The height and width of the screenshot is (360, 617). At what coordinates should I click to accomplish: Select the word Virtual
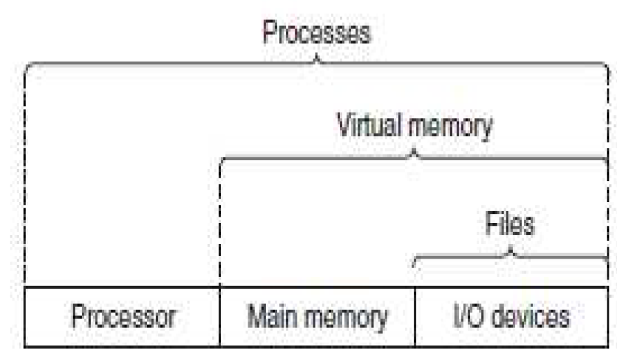point(369,127)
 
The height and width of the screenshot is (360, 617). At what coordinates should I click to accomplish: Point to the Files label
point(510,225)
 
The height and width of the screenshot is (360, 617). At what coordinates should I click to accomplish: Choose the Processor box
point(122,317)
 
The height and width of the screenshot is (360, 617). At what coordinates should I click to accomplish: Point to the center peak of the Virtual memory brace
point(414,152)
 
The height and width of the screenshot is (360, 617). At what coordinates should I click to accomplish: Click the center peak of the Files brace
point(511,250)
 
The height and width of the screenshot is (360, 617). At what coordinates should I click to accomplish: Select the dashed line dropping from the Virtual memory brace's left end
point(220,224)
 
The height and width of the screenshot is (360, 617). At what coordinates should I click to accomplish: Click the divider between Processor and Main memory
point(220,317)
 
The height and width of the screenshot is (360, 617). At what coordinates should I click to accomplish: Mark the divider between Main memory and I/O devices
point(415,317)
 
